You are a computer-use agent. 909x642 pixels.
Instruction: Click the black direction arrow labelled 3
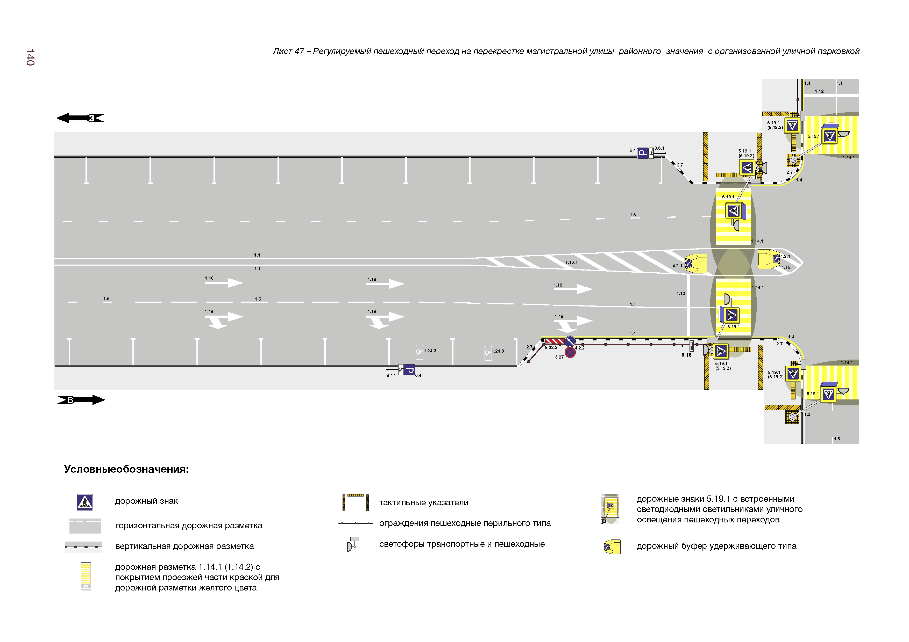[x=80, y=118]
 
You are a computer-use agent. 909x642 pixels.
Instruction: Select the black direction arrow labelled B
[x=81, y=400]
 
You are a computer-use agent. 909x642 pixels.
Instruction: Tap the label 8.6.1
[x=659, y=148]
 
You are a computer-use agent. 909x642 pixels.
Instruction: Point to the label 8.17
[x=391, y=375]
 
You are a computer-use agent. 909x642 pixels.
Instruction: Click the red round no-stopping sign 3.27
[x=570, y=352]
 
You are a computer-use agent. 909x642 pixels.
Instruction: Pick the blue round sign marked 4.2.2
[x=570, y=341]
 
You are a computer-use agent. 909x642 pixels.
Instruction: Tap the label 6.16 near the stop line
[x=686, y=355]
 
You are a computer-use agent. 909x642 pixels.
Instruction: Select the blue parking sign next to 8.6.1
[x=643, y=153]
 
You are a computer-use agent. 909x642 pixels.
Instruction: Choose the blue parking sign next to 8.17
[x=410, y=370]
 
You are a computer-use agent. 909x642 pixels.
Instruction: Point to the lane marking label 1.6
[x=258, y=299]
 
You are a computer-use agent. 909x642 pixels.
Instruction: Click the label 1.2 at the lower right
[x=807, y=414]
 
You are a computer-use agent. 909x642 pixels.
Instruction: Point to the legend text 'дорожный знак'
[x=146, y=501]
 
